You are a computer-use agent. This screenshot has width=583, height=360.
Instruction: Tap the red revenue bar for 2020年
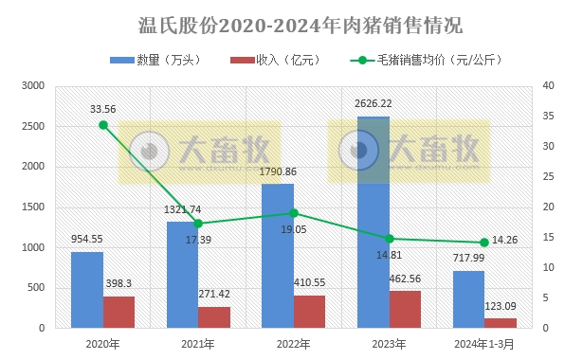coord(118,312)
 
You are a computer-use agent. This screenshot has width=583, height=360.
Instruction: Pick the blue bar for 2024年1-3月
coord(467,298)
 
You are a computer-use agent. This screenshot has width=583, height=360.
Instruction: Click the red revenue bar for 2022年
coord(309,311)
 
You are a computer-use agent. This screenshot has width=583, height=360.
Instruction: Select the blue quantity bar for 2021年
coord(182,275)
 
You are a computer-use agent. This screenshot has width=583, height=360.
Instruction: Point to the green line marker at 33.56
coord(103,125)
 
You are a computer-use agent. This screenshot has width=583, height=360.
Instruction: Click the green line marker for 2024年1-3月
coord(483,243)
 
